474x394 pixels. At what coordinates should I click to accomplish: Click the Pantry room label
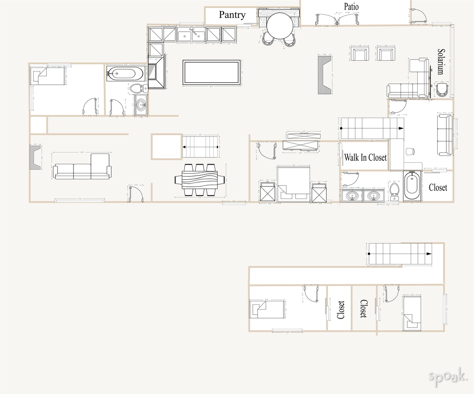232,15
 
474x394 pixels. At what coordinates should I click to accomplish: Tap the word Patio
351,6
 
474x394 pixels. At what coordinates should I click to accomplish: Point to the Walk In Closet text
365,158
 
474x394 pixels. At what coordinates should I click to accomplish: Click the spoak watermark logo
448,375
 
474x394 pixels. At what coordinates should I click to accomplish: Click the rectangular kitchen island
211,72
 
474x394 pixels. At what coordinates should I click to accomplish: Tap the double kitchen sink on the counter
191,35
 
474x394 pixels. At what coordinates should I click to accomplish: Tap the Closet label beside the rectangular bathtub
438,187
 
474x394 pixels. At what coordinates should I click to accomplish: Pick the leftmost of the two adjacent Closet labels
340,310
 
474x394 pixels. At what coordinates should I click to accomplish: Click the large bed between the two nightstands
293,184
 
